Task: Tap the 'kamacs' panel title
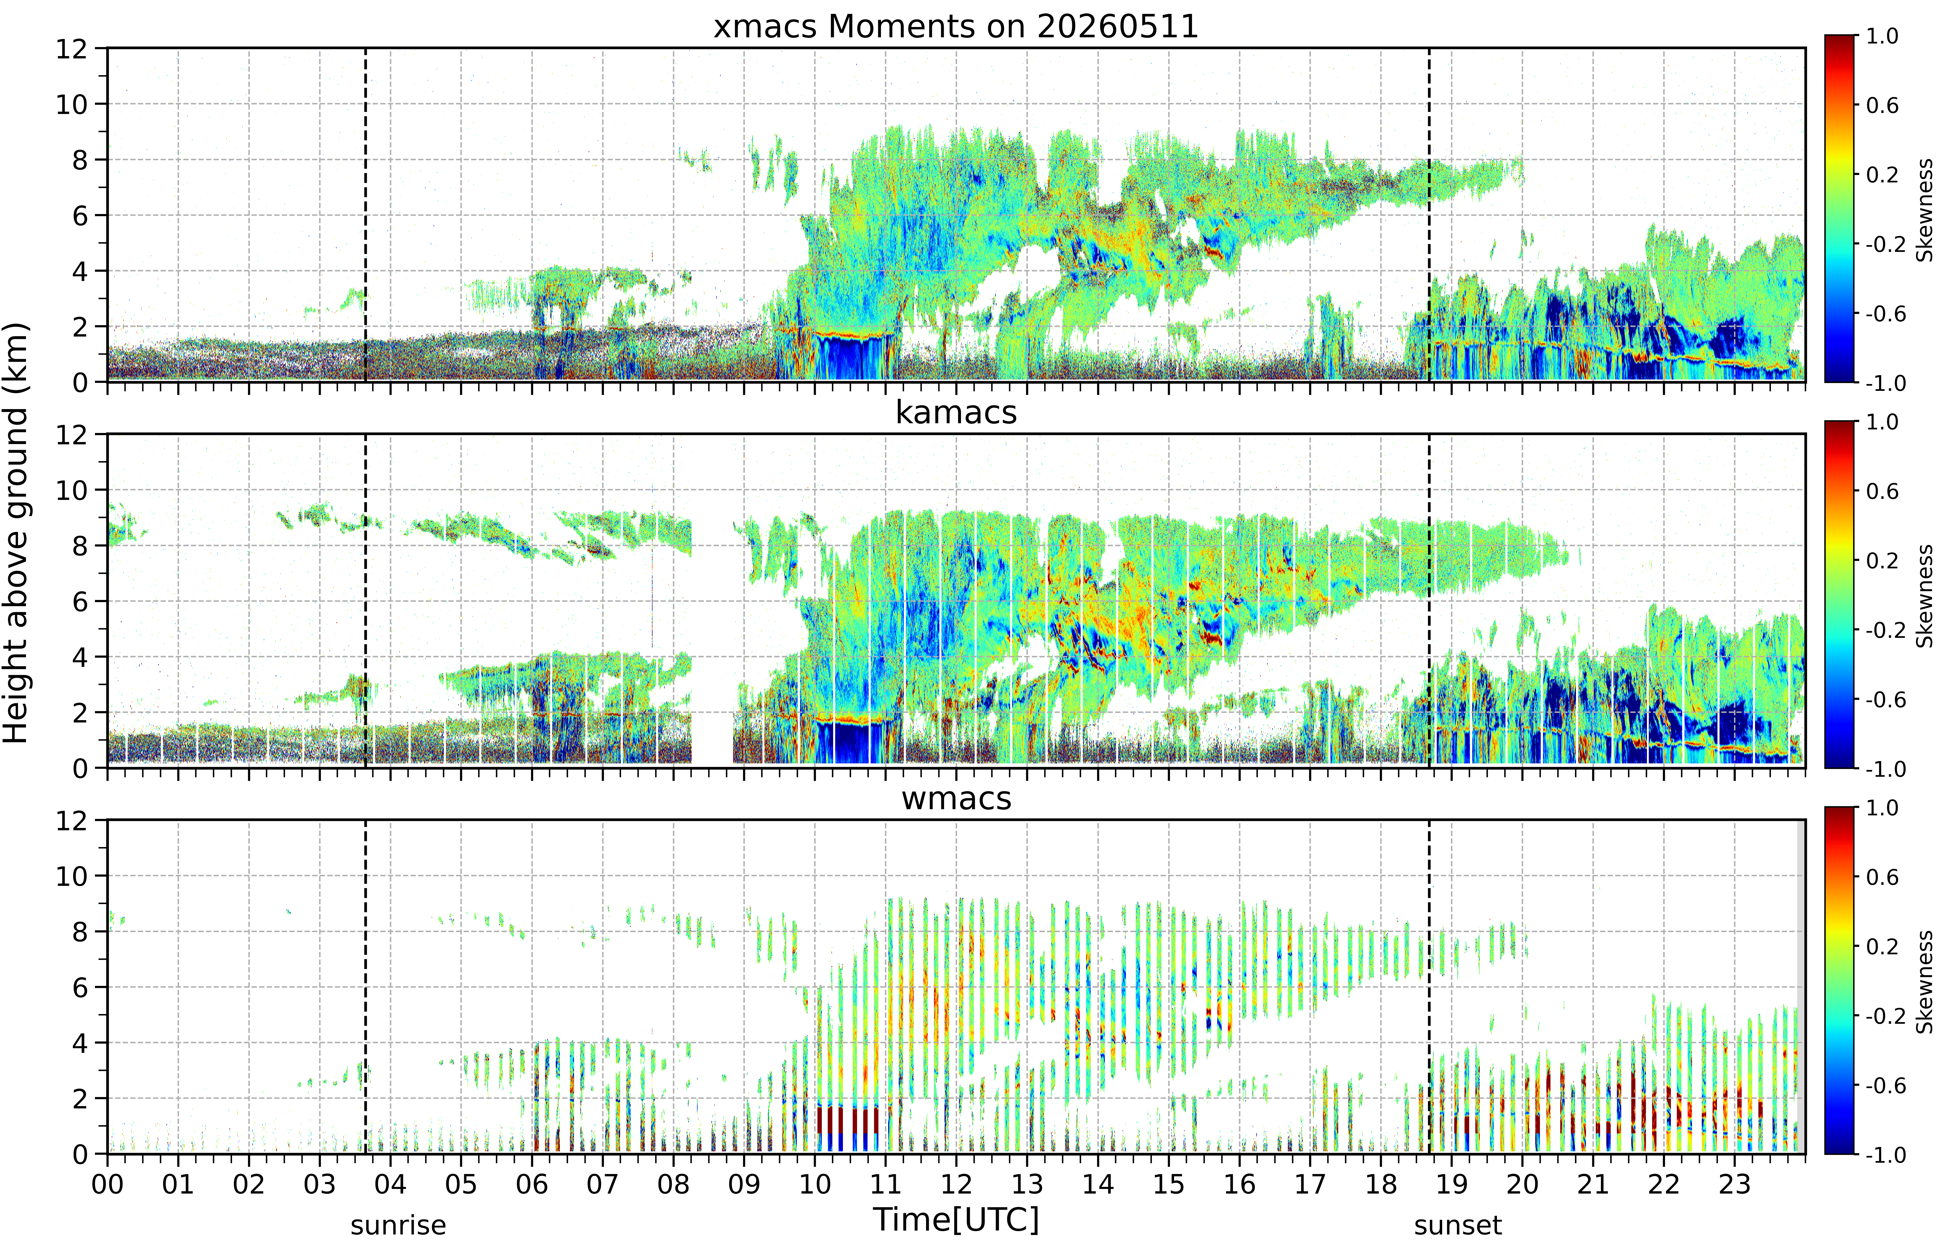point(956,412)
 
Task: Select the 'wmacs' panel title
point(956,798)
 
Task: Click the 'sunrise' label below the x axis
point(398,1225)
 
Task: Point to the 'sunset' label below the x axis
point(1457,1225)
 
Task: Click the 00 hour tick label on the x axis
point(107,1184)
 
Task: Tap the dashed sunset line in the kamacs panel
point(1429,601)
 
